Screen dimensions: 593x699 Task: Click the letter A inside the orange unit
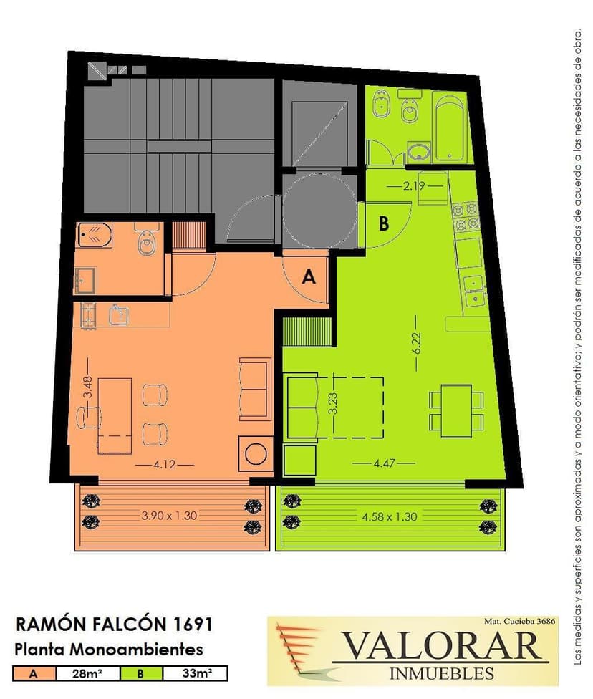coord(309,277)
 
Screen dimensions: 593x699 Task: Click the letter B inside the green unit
coord(384,223)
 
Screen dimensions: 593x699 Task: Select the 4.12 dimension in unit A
coord(165,465)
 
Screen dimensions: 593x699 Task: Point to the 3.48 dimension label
coord(88,387)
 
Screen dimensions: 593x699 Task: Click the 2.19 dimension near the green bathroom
coord(414,185)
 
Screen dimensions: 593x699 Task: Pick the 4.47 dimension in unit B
coord(385,463)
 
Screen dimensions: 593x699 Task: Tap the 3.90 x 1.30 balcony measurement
coord(169,516)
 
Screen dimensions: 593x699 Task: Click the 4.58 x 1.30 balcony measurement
coord(389,516)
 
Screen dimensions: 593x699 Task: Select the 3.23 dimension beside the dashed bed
coord(332,403)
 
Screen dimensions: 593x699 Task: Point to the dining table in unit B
coord(456,410)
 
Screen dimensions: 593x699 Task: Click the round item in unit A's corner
coord(256,454)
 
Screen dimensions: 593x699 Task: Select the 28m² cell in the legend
coord(87,673)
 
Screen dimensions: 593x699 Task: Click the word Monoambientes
coord(137,649)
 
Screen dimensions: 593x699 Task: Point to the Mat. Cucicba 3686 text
coord(520,621)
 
